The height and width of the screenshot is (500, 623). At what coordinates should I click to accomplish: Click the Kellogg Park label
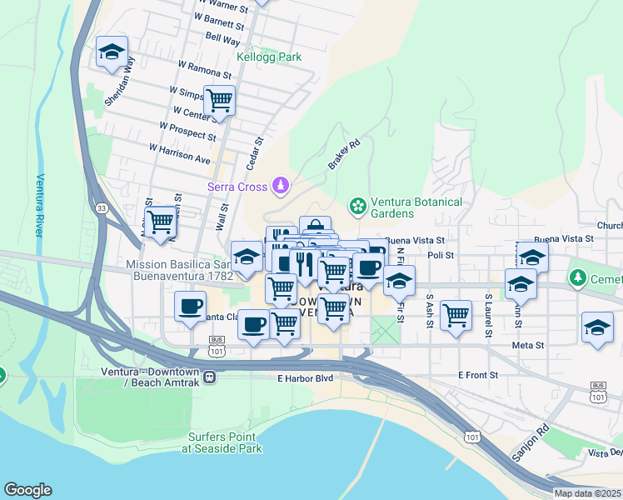point(269,57)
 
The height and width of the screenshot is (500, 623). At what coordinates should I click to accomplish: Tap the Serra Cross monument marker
point(282,184)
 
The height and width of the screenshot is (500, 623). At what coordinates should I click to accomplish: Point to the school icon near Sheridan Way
point(112,53)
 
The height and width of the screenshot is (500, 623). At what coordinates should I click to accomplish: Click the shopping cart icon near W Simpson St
point(220,101)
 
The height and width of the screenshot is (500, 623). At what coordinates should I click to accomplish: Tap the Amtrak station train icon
point(209,377)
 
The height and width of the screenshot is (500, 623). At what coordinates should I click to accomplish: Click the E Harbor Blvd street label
point(305,378)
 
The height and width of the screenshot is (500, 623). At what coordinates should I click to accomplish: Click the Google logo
point(27,490)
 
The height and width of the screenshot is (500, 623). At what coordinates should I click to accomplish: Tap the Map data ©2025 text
point(587,493)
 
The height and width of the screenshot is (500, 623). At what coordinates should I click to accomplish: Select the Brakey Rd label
point(343,155)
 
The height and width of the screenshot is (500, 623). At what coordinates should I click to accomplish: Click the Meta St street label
point(528,344)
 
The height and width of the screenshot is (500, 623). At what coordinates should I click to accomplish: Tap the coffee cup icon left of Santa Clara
point(191,306)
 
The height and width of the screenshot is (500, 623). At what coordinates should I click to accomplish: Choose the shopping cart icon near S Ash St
point(456,315)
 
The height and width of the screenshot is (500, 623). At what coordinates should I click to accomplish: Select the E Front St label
point(477,376)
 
